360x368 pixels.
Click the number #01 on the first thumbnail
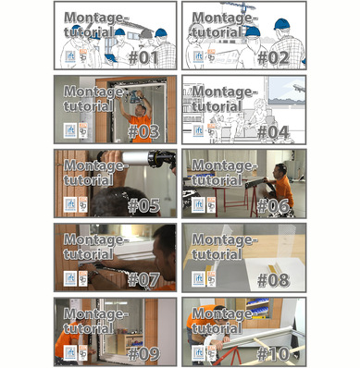point(144,56)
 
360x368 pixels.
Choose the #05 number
point(144,204)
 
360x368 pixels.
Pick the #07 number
point(144,278)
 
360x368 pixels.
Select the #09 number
point(144,352)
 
